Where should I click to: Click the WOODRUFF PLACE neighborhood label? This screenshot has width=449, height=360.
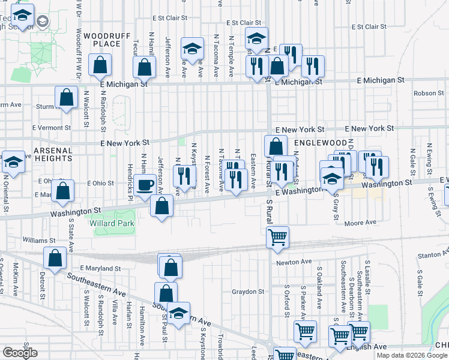click(107, 40)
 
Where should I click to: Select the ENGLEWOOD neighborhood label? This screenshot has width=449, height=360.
click(321, 142)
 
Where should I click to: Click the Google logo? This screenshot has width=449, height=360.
click(20, 353)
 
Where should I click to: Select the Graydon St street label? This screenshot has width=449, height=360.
click(248, 292)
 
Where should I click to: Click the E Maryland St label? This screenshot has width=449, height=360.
click(100, 269)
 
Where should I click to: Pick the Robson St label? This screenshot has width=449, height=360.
click(429, 93)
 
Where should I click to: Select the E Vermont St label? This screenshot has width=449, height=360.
click(50, 128)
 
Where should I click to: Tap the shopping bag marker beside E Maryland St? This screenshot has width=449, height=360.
click(55, 258)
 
